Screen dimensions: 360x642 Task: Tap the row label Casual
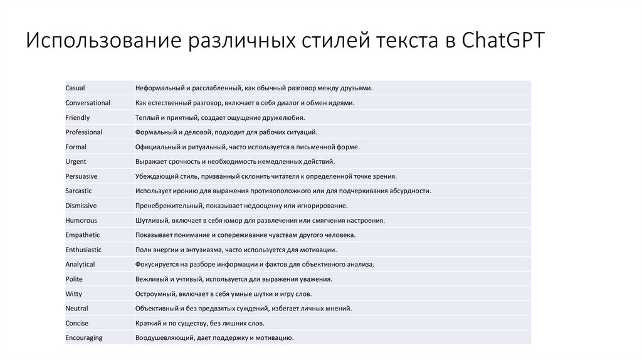pyautogui.click(x=75, y=88)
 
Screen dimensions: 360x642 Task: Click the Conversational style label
pyautogui.click(x=88, y=103)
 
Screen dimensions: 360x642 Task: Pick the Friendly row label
pyautogui.click(x=78, y=118)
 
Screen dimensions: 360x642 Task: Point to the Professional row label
pyautogui.click(x=84, y=132)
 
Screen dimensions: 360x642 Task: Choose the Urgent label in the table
pyautogui.click(x=76, y=162)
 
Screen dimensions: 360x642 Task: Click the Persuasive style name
pyautogui.click(x=82, y=176)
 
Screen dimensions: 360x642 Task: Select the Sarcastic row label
pyautogui.click(x=80, y=191)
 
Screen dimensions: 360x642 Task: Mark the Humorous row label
pyautogui.click(x=81, y=220)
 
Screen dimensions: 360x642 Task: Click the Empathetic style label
pyautogui.click(x=83, y=235)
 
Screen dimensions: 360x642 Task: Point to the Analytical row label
pyautogui.click(x=80, y=265)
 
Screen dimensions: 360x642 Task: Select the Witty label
pyautogui.click(x=74, y=294)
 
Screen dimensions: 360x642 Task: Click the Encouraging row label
pyautogui.click(x=84, y=338)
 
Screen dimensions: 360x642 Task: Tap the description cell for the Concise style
pyautogui.click(x=200, y=323)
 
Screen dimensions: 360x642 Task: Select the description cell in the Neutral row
pyautogui.click(x=244, y=309)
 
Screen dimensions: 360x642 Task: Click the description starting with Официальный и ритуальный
pyautogui.click(x=248, y=147)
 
